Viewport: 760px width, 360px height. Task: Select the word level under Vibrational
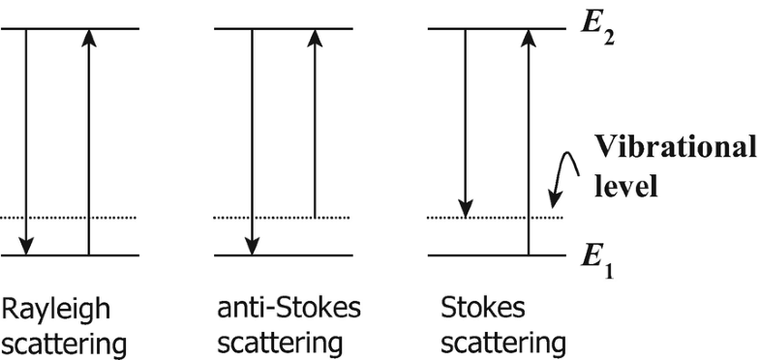628,184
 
